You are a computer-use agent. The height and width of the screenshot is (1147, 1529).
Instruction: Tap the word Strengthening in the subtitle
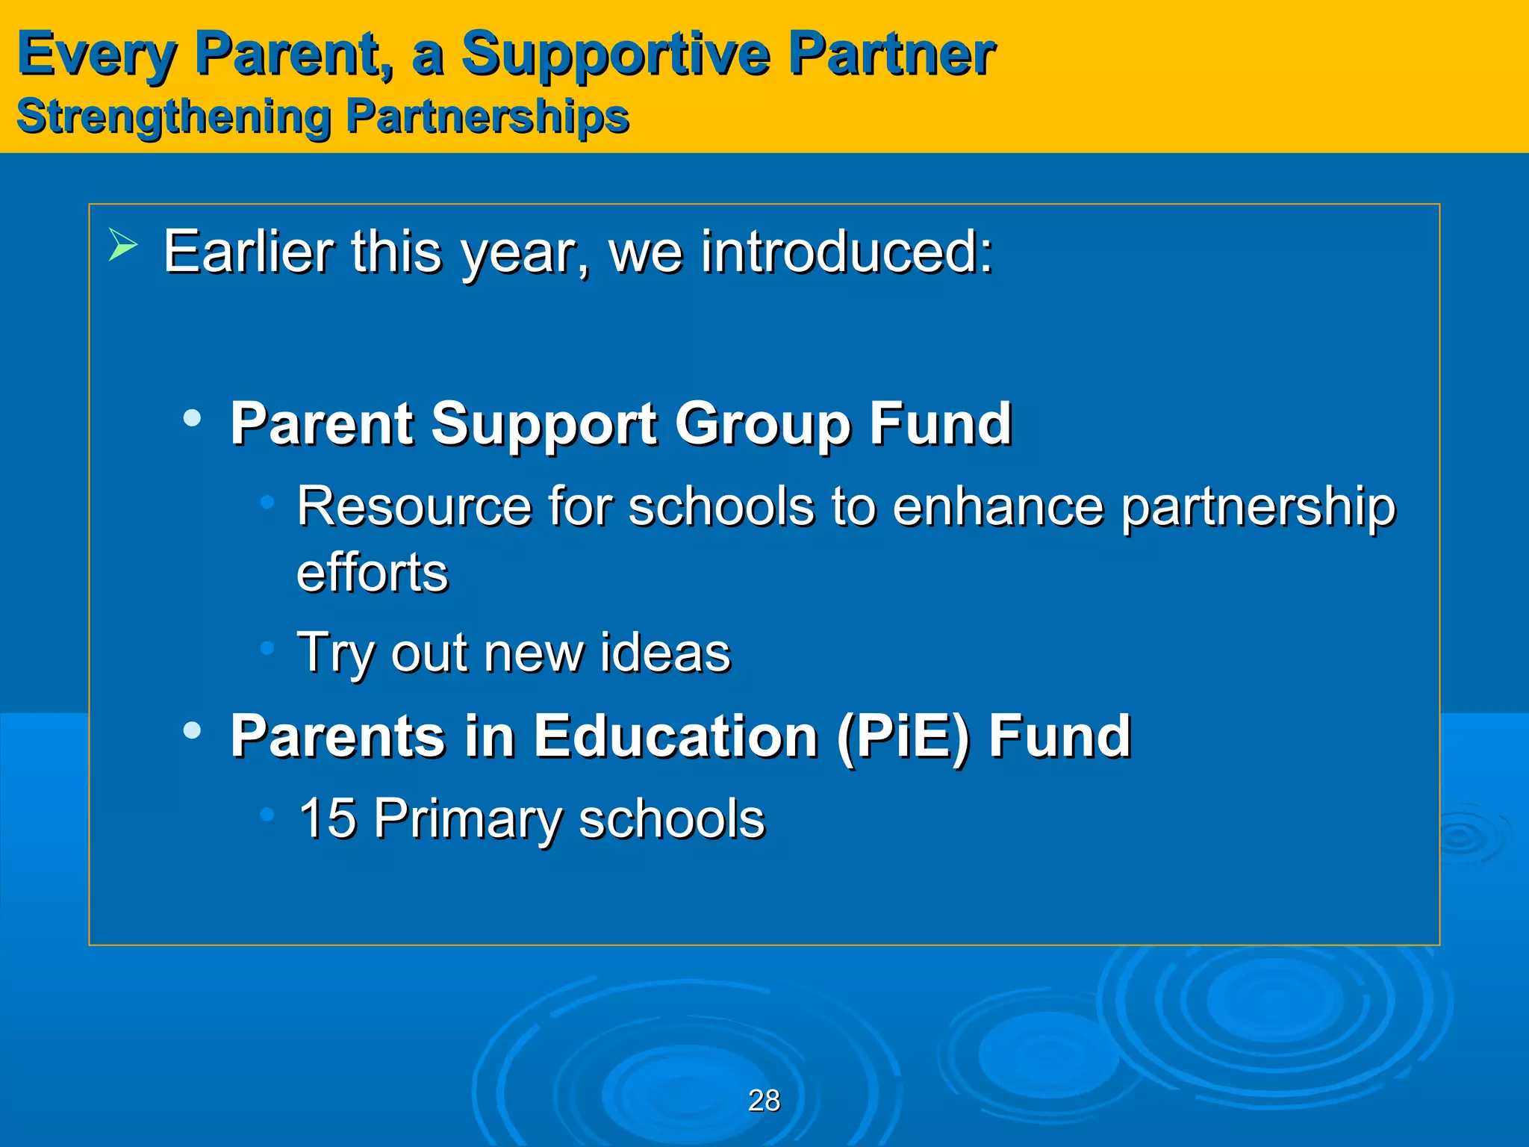point(173,117)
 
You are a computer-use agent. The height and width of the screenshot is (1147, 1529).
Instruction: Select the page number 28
point(764,1101)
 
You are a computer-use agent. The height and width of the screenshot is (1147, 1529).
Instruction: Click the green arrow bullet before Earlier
point(122,246)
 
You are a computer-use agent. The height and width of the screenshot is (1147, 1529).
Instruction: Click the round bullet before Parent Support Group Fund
point(192,418)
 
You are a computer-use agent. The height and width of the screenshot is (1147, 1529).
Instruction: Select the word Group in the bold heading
point(763,424)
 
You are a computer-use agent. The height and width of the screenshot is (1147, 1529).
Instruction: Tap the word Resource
point(414,507)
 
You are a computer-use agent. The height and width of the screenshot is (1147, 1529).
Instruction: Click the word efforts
point(372,573)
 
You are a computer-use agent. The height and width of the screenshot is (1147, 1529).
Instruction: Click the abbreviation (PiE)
point(903,736)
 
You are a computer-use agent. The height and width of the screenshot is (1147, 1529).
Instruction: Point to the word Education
point(676,736)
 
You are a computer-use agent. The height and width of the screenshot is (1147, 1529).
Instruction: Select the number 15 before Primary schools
point(327,818)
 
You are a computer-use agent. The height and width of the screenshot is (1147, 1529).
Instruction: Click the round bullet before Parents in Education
point(192,730)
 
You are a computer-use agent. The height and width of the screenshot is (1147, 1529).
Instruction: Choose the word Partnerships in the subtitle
point(488,117)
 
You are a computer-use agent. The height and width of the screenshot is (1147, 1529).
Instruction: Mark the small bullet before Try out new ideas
point(267,647)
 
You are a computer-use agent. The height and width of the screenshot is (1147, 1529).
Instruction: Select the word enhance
point(997,507)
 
